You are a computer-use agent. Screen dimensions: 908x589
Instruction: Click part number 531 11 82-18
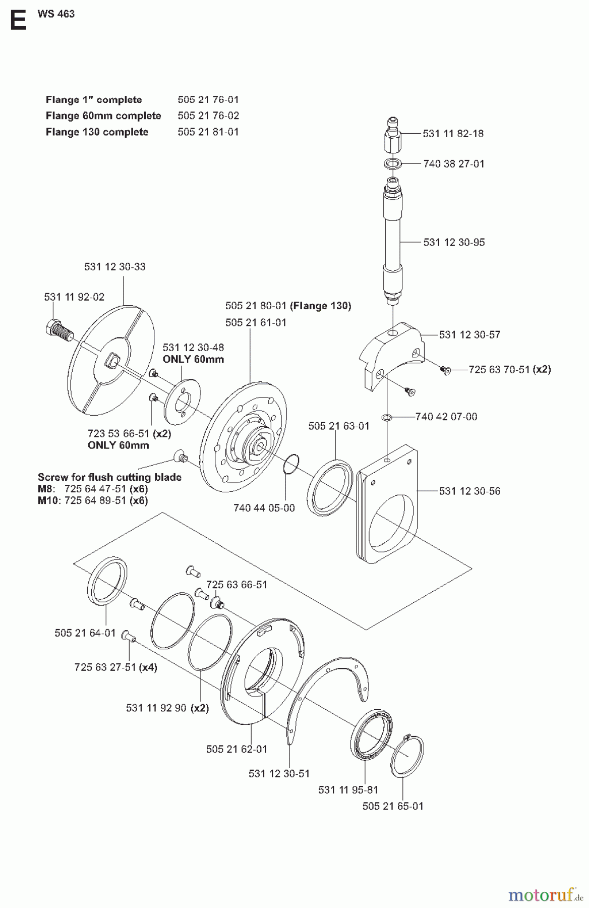(453, 134)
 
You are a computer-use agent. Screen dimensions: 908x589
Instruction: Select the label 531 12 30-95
(454, 242)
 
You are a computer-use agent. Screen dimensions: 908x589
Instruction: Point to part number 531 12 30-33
(115, 266)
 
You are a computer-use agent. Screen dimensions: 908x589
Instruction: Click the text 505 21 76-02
(208, 116)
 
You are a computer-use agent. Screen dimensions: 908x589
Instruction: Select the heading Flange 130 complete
(97, 132)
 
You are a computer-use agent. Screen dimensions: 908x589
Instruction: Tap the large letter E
(18, 21)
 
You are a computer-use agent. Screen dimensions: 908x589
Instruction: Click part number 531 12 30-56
(469, 491)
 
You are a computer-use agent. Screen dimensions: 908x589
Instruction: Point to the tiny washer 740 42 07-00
(386, 418)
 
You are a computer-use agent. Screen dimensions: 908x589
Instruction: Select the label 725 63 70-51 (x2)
(509, 369)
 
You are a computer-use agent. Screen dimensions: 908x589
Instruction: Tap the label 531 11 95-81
(348, 789)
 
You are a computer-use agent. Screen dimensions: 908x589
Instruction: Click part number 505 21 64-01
(85, 633)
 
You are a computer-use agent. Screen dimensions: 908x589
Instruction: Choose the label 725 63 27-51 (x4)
(115, 667)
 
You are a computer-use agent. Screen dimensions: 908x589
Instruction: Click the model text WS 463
(56, 14)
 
